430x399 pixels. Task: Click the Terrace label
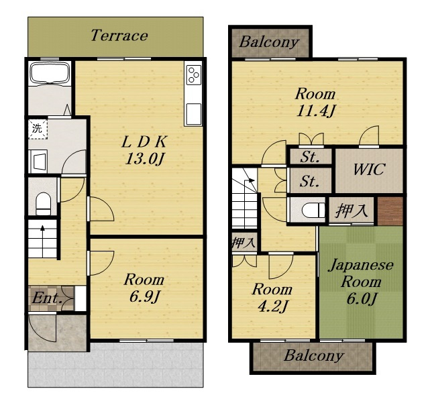119,36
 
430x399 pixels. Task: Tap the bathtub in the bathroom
50,72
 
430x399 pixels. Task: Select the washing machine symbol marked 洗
38,129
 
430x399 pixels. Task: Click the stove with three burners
193,75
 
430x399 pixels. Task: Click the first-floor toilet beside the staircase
44,203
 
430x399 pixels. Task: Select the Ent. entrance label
46,298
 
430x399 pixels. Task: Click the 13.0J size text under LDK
144,159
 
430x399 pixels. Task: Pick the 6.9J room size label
144,296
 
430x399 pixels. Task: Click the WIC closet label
369,170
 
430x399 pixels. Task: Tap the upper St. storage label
310,158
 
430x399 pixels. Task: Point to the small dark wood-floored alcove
390,211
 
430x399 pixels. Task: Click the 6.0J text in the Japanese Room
361,298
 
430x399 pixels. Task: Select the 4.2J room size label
272,307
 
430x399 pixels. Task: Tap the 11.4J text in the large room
315,111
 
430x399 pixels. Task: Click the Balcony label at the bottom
314,356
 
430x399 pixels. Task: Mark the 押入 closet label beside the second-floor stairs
244,242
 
